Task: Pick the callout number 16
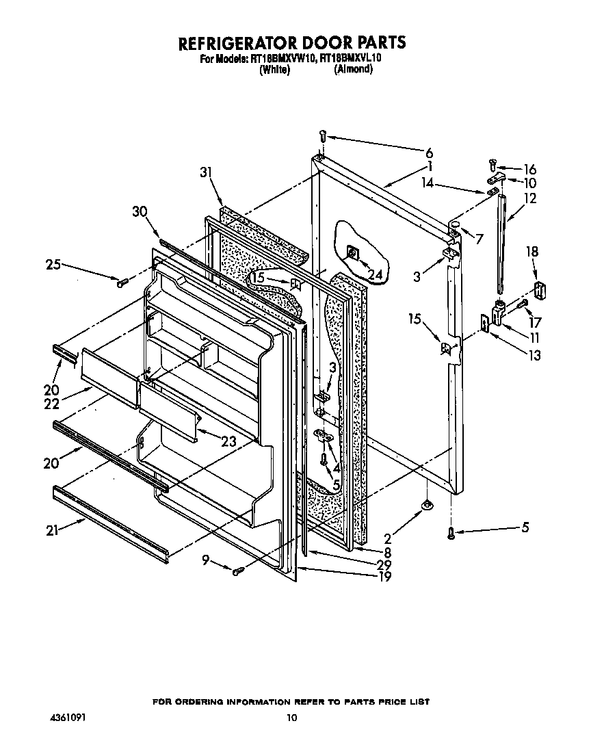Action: (x=529, y=169)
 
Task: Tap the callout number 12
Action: (x=530, y=199)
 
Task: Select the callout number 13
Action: (x=534, y=354)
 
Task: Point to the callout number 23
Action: (x=228, y=441)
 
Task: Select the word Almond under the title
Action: (x=353, y=69)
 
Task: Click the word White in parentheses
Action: (x=275, y=69)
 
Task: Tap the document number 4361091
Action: (x=68, y=718)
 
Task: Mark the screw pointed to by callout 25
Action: (x=122, y=280)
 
